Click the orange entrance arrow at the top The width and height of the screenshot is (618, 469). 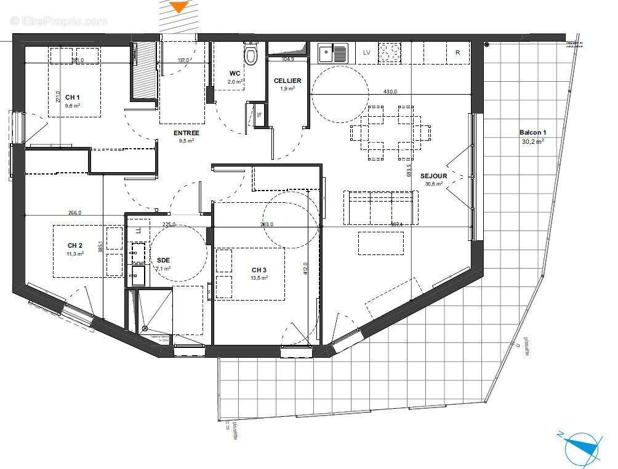tap(179, 7)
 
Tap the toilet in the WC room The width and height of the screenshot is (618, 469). tap(251, 55)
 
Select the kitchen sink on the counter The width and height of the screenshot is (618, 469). tap(333, 53)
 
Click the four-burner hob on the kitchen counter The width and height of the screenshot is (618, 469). tap(389, 53)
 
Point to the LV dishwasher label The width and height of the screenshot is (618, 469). tap(367, 53)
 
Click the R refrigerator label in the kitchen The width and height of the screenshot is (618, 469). tap(457, 53)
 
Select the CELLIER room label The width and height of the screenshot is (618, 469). tap(287, 81)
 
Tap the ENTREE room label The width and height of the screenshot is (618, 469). tap(186, 133)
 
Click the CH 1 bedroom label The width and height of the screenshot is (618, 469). tap(73, 97)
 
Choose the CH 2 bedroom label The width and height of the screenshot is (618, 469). tap(76, 245)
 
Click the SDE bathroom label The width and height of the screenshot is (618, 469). tap(163, 260)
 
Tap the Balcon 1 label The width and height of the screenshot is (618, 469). tap(532, 133)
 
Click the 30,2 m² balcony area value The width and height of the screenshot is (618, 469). tap(532, 141)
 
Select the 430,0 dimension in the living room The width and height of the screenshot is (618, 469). tap(390, 92)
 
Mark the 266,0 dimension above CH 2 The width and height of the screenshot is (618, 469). tap(74, 213)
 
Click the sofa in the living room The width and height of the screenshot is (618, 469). tap(380, 207)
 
